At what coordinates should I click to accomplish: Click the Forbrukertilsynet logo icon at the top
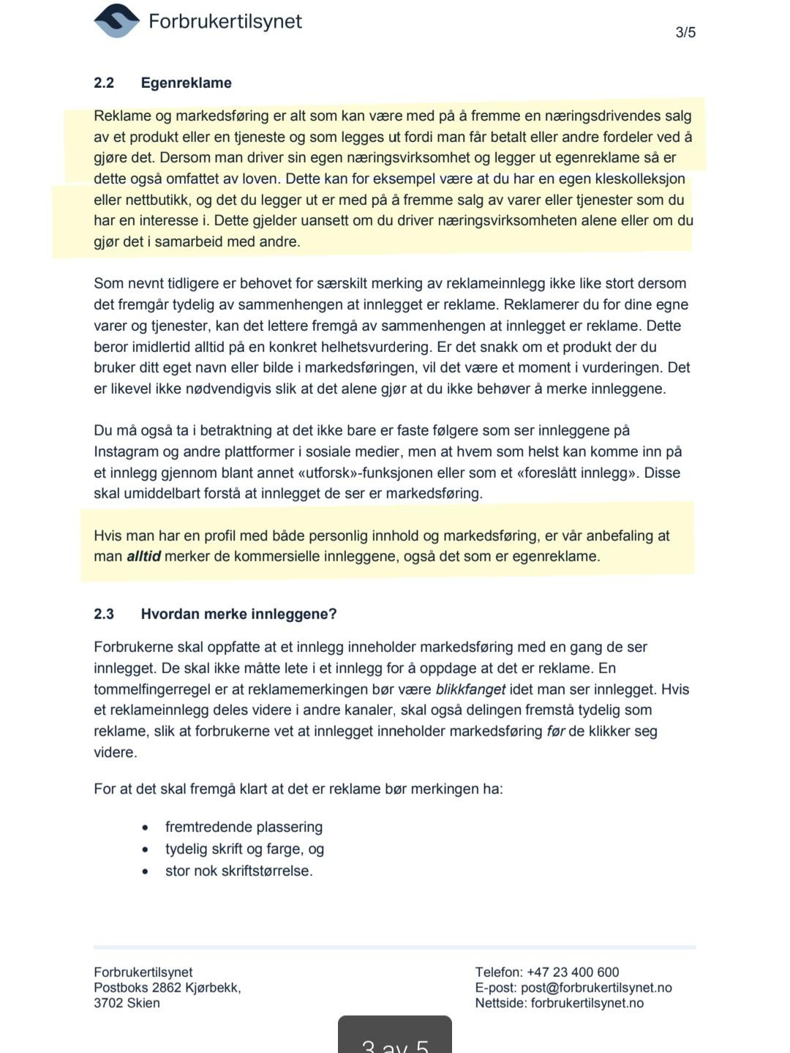click(117, 20)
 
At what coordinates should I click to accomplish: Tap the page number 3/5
click(685, 32)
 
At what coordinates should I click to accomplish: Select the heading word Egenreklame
click(186, 83)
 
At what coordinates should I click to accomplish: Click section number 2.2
click(104, 83)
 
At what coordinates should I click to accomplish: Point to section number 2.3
click(104, 614)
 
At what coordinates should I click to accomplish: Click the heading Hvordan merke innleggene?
click(238, 614)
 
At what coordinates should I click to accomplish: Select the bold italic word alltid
click(143, 556)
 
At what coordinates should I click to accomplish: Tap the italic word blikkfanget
click(470, 689)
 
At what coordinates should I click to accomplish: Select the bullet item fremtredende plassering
click(244, 827)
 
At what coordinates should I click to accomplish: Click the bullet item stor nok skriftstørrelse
click(238, 871)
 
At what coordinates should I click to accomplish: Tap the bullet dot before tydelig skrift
click(146, 850)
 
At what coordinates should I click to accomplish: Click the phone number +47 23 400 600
click(573, 972)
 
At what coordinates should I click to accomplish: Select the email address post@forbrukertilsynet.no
click(596, 987)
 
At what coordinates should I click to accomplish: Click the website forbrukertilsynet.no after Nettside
click(587, 1003)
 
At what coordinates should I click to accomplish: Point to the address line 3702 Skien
click(127, 1003)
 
